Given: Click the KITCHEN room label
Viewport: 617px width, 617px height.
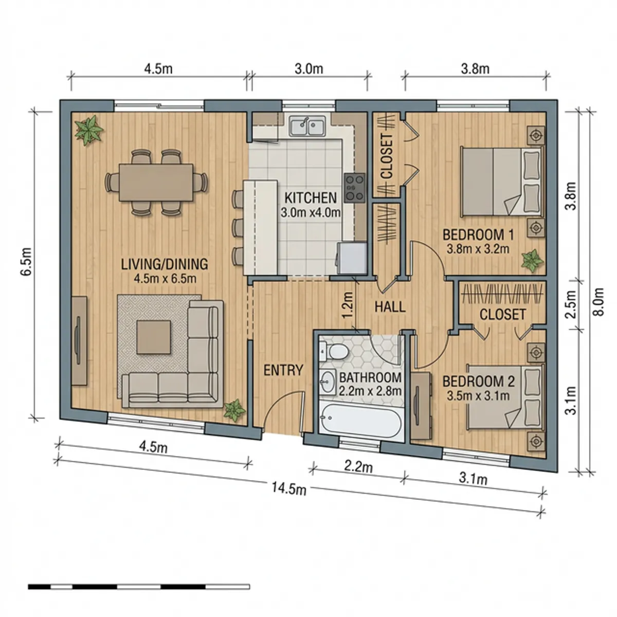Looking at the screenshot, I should [x=311, y=197].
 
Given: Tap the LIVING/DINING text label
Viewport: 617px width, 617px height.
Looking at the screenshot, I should [x=165, y=264].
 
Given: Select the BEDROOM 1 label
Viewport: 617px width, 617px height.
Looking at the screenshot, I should [x=478, y=235].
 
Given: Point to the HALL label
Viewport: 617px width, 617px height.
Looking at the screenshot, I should [x=390, y=307].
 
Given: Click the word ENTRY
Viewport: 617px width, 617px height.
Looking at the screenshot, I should [x=283, y=370].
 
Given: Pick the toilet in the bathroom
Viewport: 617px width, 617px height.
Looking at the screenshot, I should [x=336, y=353].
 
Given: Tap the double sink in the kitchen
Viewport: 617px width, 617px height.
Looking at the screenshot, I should [x=307, y=126].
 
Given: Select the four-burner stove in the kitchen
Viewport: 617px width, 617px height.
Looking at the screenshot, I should [x=355, y=188].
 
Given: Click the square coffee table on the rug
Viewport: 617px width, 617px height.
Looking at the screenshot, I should [x=154, y=337].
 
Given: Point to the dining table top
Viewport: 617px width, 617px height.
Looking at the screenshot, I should [x=156, y=183].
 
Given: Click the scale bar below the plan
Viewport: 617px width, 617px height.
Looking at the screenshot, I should [x=139, y=586].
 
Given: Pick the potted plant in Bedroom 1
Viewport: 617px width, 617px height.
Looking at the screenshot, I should [x=532, y=260].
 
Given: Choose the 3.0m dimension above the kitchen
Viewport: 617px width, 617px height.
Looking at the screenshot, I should [x=308, y=68].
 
